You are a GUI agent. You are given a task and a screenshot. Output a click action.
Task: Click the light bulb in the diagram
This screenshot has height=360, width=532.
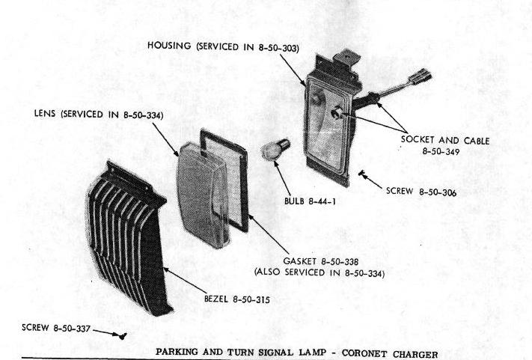point(275,150)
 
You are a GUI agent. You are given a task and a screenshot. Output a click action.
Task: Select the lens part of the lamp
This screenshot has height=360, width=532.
point(202,195)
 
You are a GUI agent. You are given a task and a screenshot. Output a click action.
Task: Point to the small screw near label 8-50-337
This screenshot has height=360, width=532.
point(123,336)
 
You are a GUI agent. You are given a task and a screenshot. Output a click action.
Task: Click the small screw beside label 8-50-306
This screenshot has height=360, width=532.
point(361,174)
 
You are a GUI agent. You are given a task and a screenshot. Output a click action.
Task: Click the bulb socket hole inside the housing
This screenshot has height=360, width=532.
point(337,113)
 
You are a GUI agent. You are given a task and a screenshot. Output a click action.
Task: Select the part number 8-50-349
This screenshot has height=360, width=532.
point(441,151)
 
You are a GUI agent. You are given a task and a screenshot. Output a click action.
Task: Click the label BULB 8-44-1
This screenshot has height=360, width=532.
point(310,201)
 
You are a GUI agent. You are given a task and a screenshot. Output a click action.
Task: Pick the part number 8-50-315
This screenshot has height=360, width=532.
point(251,299)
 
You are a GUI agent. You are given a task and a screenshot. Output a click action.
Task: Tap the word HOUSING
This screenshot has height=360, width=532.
point(169,46)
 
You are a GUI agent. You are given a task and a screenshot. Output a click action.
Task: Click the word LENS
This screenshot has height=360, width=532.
point(45,113)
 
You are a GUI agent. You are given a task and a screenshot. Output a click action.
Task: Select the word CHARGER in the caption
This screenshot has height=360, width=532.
point(415,354)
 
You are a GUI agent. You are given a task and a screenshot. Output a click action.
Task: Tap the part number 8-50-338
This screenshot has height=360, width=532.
point(340,262)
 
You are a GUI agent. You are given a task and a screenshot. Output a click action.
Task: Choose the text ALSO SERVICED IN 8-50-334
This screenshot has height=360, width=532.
point(319,272)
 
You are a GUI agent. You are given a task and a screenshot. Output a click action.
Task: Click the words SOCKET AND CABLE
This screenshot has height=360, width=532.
point(445,140)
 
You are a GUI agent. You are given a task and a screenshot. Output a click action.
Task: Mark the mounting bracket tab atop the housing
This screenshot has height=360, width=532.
point(346,58)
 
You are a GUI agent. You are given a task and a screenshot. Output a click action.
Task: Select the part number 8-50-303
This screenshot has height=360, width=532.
point(278,48)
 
